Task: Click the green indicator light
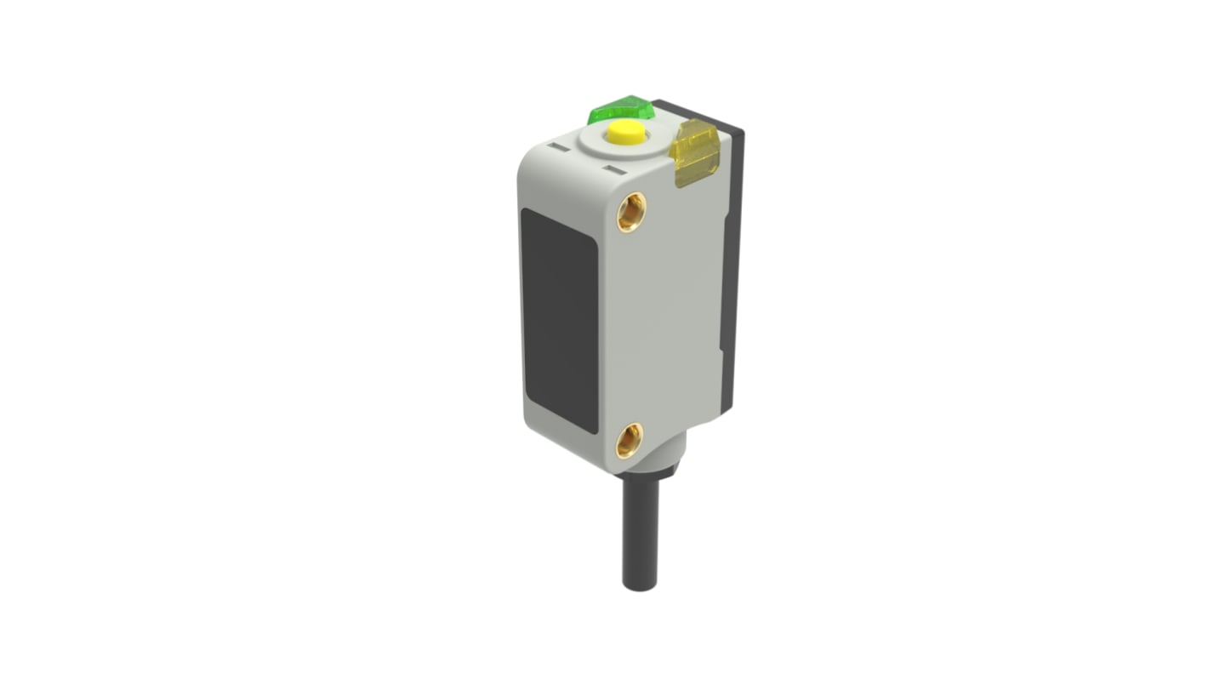click(x=621, y=111)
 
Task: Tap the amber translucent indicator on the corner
click(x=694, y=152)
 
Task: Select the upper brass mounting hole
click(x=631, y=211)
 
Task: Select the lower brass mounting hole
click(x=630, y=440)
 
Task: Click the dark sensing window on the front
click(x=559, y=320)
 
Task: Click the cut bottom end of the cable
click(x=640, y=585)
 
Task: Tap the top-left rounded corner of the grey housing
click(x=527, y=153)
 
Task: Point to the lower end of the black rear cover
click(x=727, y=400)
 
